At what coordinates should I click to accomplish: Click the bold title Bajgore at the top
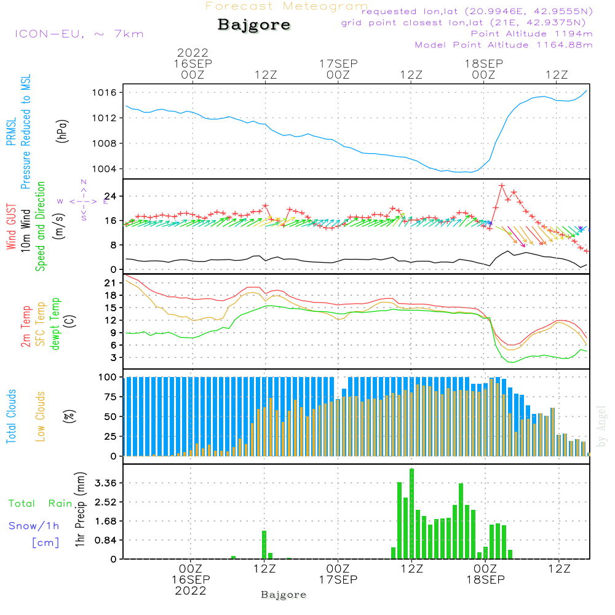[x=254, y=25]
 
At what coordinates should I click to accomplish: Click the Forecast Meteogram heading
[x=287, y=6]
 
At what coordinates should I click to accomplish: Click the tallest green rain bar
[x=411, y=514]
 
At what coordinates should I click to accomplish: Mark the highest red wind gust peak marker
[x=502, y=185]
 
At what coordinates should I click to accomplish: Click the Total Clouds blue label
[x=11, y=416]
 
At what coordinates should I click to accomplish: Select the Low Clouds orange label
[x=41, y=416]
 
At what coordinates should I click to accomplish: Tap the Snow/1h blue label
[x=34, y=526]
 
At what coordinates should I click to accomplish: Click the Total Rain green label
[x=40, y=503]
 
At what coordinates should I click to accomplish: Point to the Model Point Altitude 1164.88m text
[x=504, y=45]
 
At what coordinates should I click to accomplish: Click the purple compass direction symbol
[x=83, y=201]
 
